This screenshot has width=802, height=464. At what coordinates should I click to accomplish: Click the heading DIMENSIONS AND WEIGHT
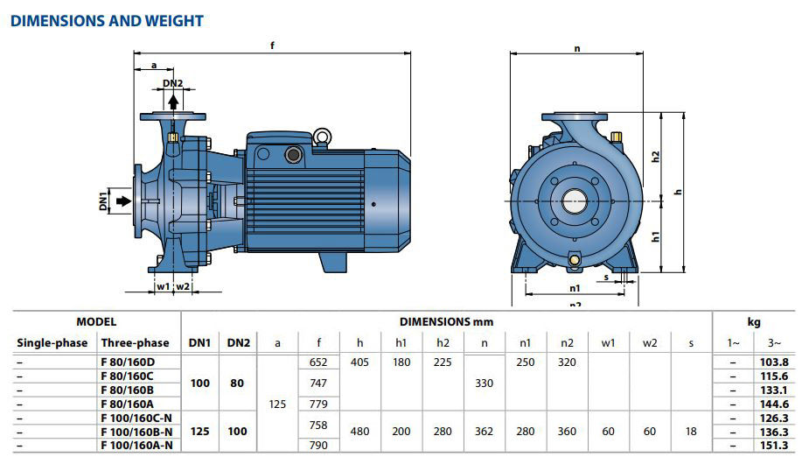coord(107,21)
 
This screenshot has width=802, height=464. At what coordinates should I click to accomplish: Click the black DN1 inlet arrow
coord(124,200)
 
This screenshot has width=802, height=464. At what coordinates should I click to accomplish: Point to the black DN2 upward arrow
coord(173,102)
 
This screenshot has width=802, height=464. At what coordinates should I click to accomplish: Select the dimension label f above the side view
coord(272,46)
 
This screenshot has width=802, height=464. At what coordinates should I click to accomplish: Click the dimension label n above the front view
coord(577,49)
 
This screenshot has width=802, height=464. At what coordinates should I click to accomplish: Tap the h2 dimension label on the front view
coord(655,157)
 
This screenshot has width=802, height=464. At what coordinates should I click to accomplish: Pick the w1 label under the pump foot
coord(164,286)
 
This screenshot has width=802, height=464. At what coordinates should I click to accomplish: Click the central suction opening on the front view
coord(575,200)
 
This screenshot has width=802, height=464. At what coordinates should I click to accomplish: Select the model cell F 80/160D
coord(128,362)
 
